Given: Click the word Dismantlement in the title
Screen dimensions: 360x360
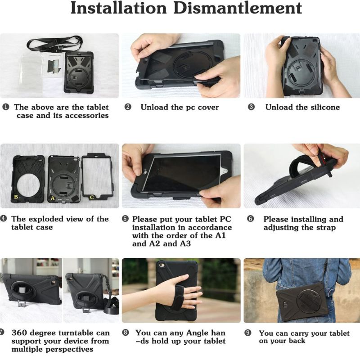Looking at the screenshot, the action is click(x=238, y=8).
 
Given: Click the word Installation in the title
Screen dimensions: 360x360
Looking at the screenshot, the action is click(x=118, y=8).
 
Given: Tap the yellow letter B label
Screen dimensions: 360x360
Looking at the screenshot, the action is click(x=16, y=197).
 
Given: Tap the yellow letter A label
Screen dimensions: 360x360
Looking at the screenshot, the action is click(x=53, y=198).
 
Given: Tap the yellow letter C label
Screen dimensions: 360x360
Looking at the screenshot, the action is click(x=92, y=197).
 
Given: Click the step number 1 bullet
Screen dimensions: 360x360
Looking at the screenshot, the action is click(x=5, y=107).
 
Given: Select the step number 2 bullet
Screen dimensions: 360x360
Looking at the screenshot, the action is click(x=128, y=107).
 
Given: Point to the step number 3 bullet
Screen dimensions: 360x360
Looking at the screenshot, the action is click(x=252, y=107).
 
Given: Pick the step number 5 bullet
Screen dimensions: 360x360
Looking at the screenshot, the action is click(x=125, y=219).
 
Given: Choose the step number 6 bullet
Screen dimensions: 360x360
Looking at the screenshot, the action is click(x=251, y=219).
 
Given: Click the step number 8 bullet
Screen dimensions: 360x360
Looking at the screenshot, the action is click(x=126, y=333).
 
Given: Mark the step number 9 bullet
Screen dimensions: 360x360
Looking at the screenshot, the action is click(x=248, y=333).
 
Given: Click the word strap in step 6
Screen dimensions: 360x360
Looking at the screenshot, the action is click(x=324, y=228).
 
